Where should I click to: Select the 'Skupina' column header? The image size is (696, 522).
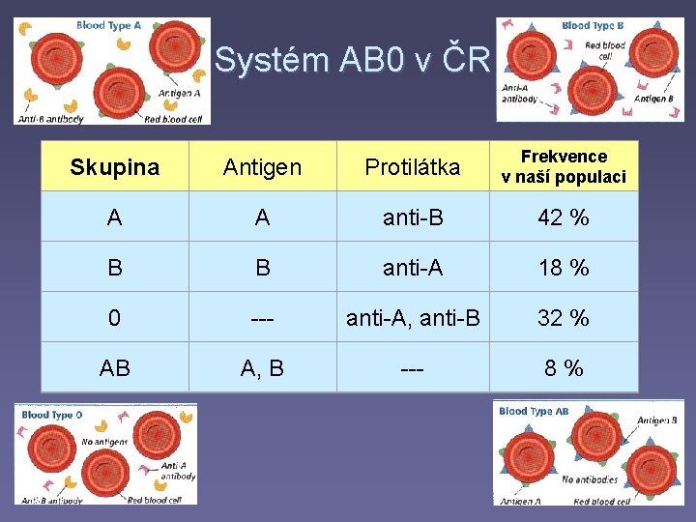tap(114, 166)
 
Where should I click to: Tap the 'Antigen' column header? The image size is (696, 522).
tap(262, 166)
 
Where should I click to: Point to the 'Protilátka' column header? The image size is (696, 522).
tap(412, 166)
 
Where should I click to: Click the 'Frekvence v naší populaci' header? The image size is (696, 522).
tap(564, 166)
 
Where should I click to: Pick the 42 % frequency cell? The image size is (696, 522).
tap(564, 217)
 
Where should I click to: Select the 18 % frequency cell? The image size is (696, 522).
tap(564, 268)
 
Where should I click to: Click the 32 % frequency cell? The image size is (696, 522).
tap(564, 318)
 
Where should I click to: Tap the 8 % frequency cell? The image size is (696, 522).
tap(564, 367)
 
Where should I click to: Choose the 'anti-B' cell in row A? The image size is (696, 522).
tap(412, 217)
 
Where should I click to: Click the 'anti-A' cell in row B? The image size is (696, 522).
tap(412, 268)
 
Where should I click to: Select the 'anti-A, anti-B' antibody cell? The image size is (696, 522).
tap(412, 318)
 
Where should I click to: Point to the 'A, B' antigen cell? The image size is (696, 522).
tap(262, 367)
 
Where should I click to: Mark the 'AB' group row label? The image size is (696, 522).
tap(114, 367)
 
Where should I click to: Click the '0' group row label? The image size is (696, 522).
tap(114, 318)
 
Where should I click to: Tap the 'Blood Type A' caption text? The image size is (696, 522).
tap(108, 26)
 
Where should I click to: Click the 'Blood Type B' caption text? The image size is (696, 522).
tap(593, 26)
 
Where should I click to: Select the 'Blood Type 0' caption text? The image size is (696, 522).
tap(52, 415)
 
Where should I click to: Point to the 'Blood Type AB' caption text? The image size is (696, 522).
tap(534, 411)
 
